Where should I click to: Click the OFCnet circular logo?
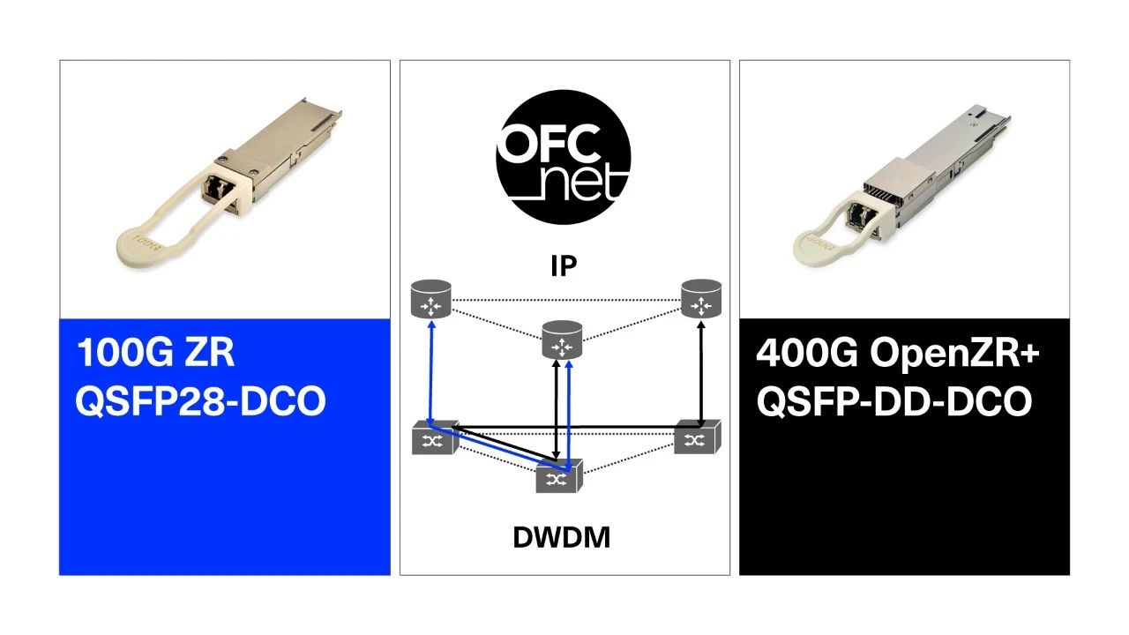[x=563, y=155]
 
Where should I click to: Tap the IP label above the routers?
[x=564, y=265]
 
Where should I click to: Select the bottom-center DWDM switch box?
[x=557, y=478]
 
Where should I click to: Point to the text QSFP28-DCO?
[x=201, y=402]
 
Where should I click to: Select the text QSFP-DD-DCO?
[x=893, y=402]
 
